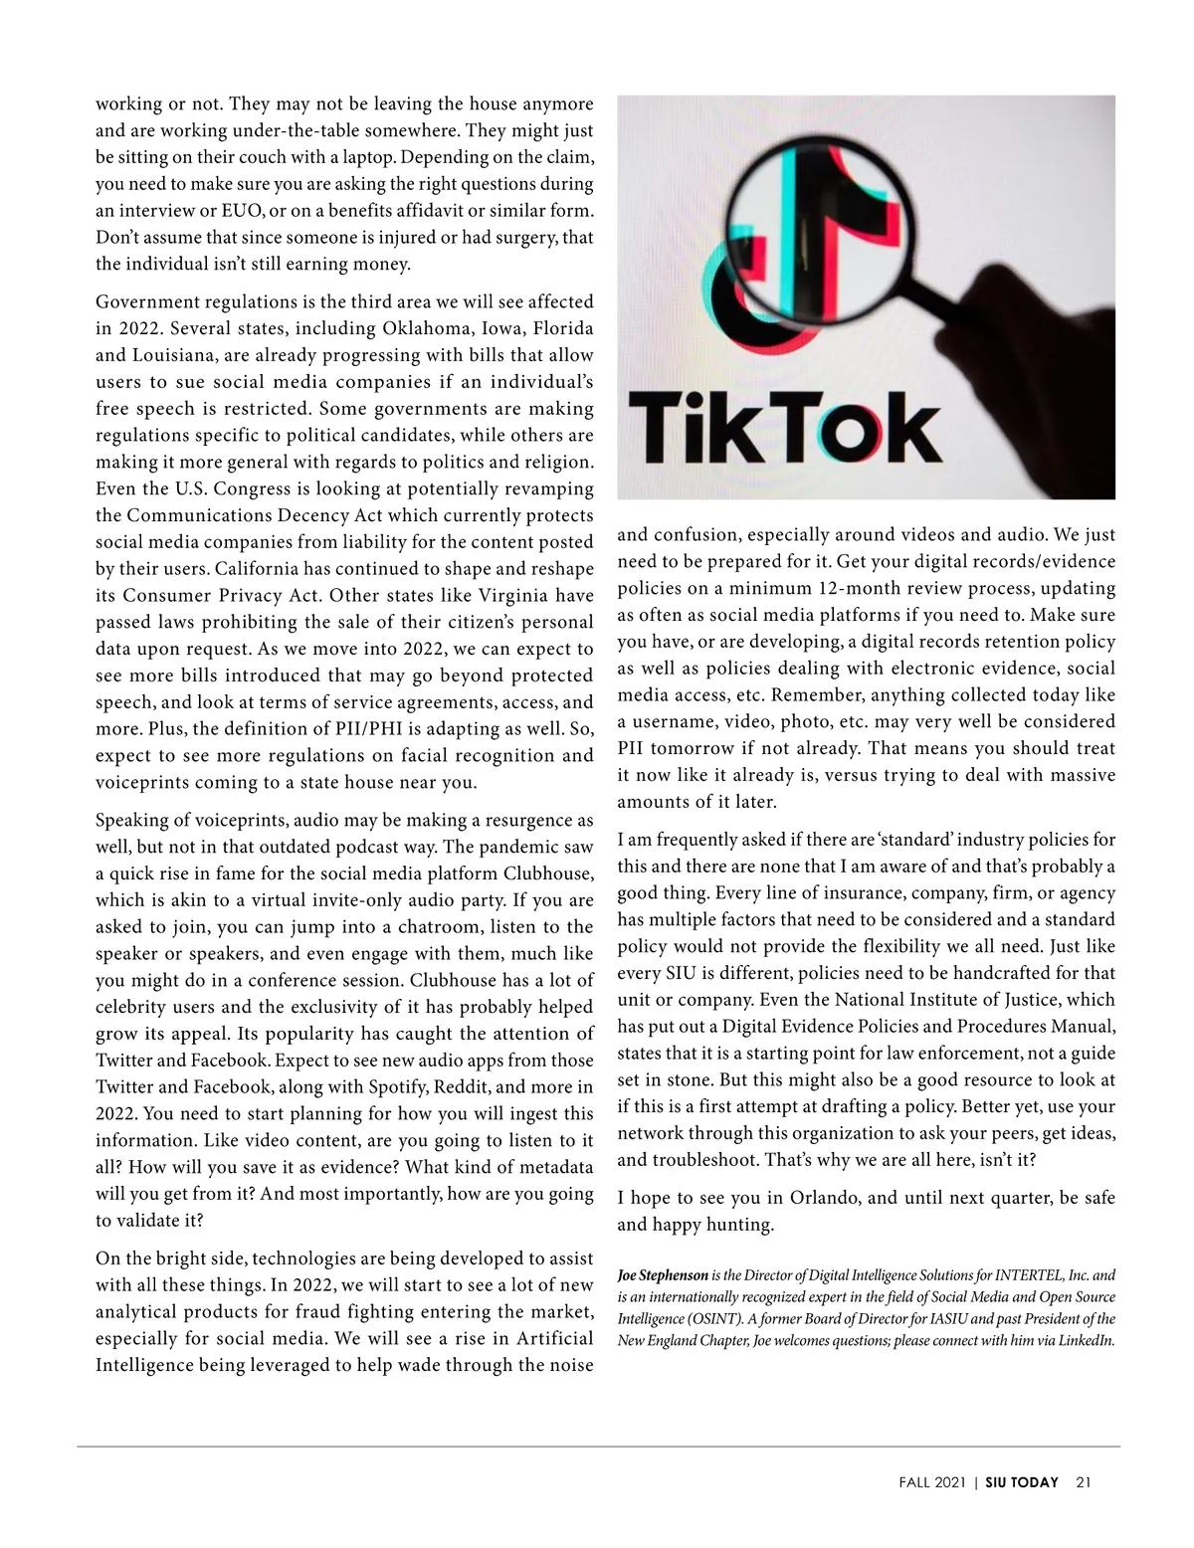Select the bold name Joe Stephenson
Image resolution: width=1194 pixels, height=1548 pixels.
point(663,1274)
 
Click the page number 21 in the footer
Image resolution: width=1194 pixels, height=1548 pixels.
point(1084,1482)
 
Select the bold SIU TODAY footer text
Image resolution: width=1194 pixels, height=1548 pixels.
point(1022,1482)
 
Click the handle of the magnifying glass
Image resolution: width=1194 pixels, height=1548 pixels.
point(1005,328)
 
